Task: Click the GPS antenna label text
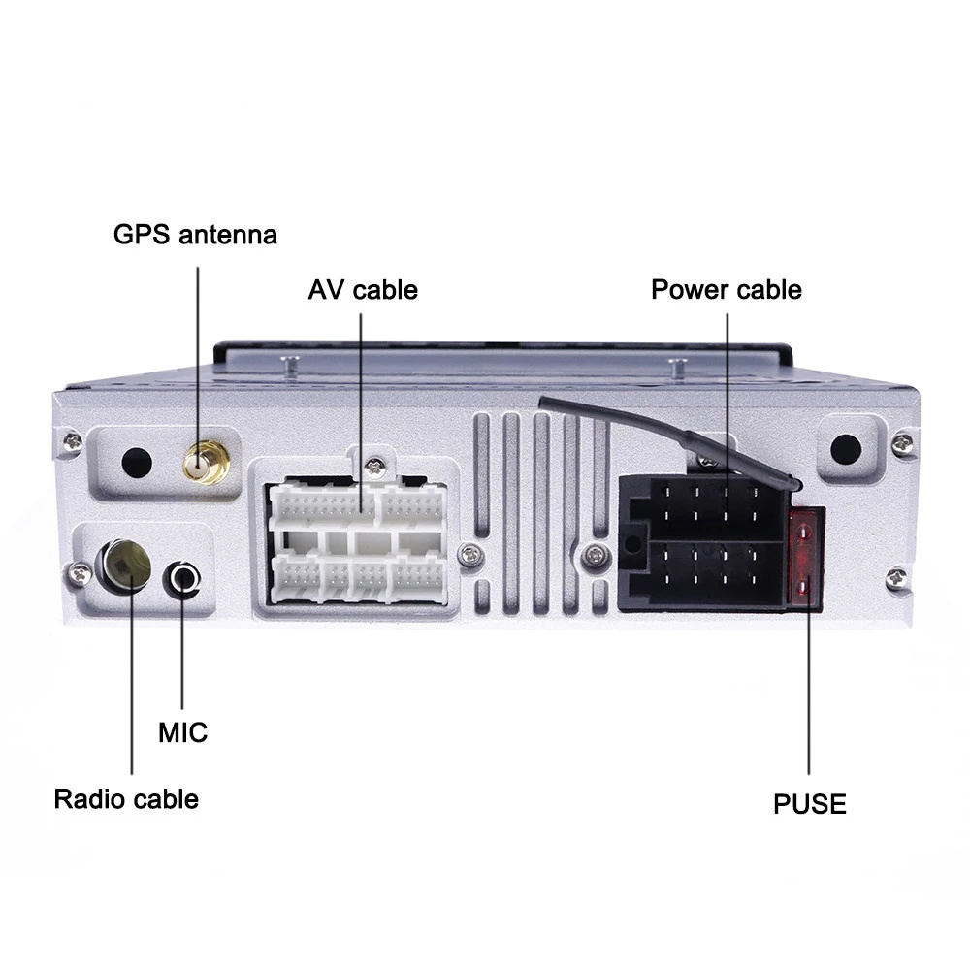(x=195, y=235)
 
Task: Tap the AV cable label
(x=363, y=290)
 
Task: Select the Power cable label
(x=726, y=290)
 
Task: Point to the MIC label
(x=182, y=731)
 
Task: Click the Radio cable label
(x=126, y=799)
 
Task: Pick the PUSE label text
(x=809, y=804)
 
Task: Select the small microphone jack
(x=183, y=579)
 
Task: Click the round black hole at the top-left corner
(x=137, y=461)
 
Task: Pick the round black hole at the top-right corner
(x=846, y=448)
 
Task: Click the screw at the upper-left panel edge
(x=71, y=441)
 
